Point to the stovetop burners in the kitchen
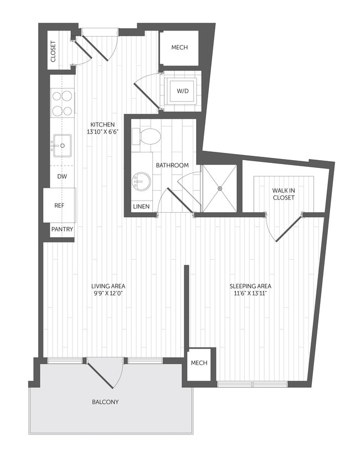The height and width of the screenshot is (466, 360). pos(62,103)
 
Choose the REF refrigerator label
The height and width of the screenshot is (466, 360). pos(59,205)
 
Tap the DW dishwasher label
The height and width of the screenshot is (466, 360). pos(62,176)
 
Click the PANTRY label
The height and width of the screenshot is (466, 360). pos(62,229)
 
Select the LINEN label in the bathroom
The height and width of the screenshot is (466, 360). pos(140,207)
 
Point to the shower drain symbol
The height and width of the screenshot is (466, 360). pos(219,188)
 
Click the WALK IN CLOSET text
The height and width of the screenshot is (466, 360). pos(283,193)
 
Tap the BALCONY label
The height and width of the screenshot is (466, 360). pos(106,402)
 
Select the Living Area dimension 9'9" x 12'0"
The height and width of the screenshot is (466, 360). pos(108,293)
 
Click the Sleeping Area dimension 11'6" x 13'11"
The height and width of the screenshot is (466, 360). pos(251,293)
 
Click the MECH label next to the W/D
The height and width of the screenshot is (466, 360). pos(179,48)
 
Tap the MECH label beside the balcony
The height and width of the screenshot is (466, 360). pos(199,363)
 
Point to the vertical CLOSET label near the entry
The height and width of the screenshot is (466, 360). pos(54,51)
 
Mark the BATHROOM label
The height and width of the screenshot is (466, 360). pos(172,165)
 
